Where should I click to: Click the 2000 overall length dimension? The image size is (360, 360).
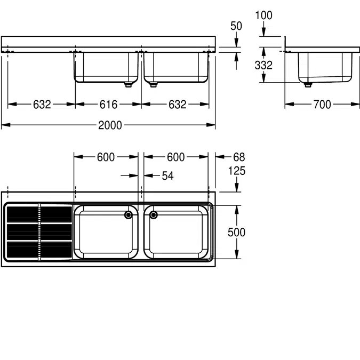click(x=109, y=125)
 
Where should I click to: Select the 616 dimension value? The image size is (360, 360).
click(x=108, y=105)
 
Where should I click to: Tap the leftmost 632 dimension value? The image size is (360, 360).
click(x=42, y=105)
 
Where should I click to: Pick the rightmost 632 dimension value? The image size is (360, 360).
click(x=177, y=105)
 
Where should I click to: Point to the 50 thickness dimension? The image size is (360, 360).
click(x=236, y=26)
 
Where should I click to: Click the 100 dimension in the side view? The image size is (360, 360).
click(x=263, y=15)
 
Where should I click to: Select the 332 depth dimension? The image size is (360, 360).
click(x=263, y=65)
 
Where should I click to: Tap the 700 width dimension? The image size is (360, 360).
click(x=322, y=105)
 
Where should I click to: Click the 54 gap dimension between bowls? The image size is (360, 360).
click(x=167, y=175)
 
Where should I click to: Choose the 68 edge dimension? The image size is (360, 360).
click(x=239, y=157)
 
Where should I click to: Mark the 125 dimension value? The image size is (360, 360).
click(x=236, y=171)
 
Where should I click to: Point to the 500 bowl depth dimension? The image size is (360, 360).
click(x=236, y=233)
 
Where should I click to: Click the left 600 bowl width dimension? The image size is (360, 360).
click(x=106, y=157)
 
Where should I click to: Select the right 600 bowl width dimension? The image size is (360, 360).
click(x=175, y=157)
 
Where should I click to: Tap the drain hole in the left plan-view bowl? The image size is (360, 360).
click(x=129, y=215)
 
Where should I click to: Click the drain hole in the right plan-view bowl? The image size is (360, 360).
click(x=154, y=215)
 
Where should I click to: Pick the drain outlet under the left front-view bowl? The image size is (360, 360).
click(x=127, y=84)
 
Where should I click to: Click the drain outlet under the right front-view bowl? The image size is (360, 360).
click(x=154, y=84)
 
